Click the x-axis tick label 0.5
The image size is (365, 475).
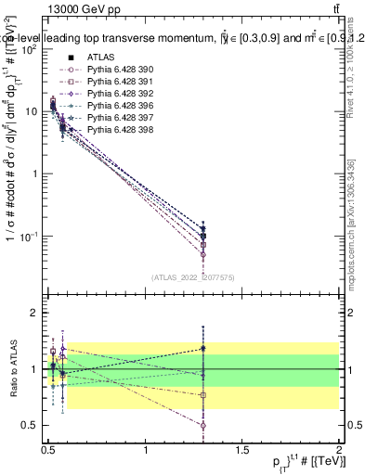pos(48,450)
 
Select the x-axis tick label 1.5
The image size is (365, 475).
pos(242,450)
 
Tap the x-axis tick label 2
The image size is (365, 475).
pos(339,450)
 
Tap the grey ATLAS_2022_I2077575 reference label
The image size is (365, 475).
pos(193,276)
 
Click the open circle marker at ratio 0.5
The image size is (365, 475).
pos(202,426)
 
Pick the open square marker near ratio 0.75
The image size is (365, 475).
pos(202,395)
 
